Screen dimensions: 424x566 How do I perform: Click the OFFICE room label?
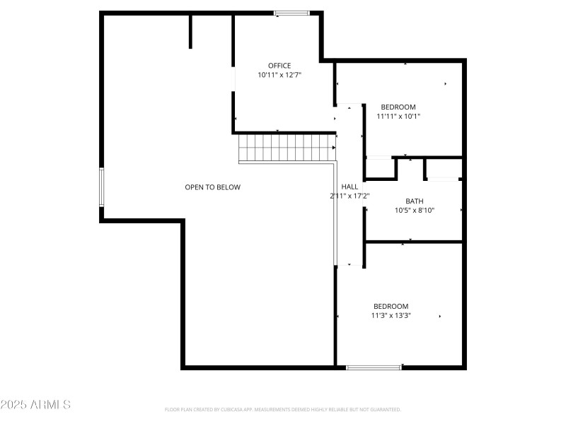[279, 66]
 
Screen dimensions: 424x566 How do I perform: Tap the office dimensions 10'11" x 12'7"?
[279, 75]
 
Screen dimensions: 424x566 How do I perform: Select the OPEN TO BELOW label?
[212, 187]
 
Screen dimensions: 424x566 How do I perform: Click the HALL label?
[350, 187]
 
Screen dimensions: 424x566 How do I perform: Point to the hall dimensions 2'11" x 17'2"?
[350, 196]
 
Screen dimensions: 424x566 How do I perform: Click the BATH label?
[414, 201]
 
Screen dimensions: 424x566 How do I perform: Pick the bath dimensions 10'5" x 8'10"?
[414, 210]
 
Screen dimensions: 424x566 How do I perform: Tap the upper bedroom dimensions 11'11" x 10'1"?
[398, 117]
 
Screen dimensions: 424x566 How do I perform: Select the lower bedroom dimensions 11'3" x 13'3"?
[391, 316]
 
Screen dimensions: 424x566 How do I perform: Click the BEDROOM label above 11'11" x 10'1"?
[398, 107]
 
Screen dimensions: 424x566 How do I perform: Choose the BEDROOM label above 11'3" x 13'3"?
[391, 306]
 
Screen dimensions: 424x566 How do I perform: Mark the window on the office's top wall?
[291, 13]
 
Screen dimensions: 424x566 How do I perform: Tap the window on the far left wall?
[101, 187]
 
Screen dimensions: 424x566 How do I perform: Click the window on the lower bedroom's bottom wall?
[374, 367]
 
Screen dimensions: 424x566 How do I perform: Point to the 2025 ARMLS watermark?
[35, 405]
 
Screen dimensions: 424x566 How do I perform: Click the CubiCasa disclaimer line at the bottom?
[283, 409]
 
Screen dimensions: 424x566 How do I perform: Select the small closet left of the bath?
[380, 168]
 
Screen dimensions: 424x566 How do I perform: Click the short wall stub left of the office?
[190, 31]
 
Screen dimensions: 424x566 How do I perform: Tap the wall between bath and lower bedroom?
[414, 242]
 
